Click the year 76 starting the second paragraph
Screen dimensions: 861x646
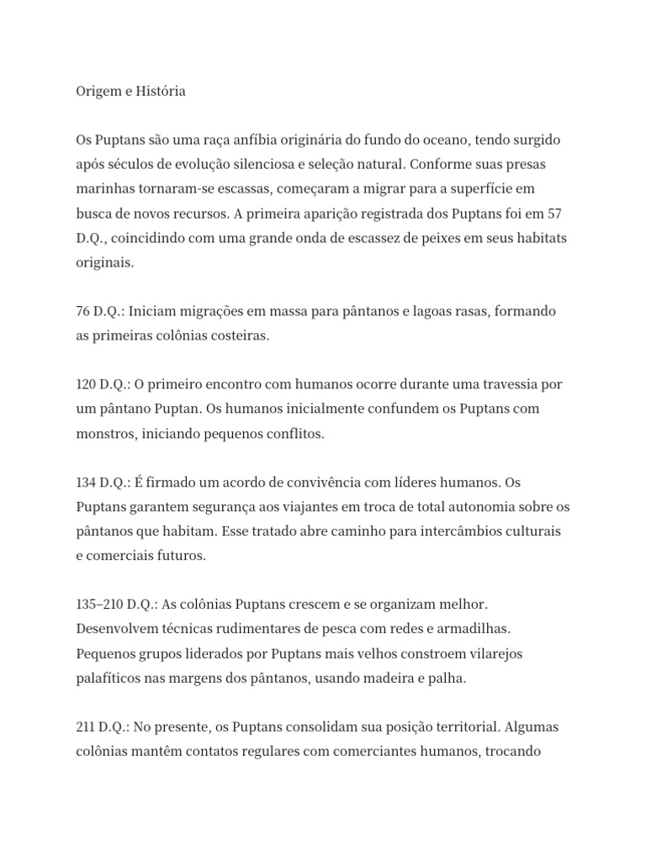tap(83, 311)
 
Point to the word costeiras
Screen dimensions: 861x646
tap(239, 335)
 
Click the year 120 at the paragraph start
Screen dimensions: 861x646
tap(86, 384)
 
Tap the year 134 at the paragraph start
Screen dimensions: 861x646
tap(86, 483)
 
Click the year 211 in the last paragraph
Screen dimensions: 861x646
tap(86, 726)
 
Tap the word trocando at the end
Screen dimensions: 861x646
tap(516, 751)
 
